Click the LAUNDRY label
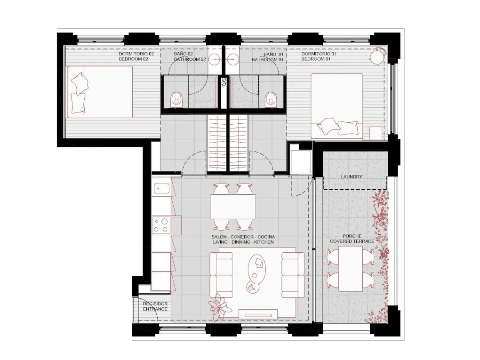pos(352,177)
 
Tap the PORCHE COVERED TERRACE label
pos(352,239)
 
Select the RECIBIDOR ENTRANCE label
pos(155,306)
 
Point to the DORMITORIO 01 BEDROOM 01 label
pos(319,57)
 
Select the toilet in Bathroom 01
pos(271,99)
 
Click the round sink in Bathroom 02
pos(216,59)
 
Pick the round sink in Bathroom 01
pos(233,59)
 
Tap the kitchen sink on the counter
pos(161,189)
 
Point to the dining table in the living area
pos(233,206)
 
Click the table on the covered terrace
pos(351,269)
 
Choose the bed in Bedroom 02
pos(100,91)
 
